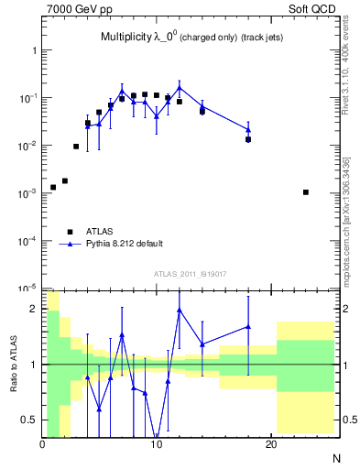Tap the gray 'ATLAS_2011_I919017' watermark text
190,274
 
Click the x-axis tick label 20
270,444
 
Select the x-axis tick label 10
157,444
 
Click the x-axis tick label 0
42,444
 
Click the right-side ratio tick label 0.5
347,420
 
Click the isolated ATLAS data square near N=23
305,192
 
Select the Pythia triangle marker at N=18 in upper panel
248,130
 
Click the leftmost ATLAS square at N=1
53,187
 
